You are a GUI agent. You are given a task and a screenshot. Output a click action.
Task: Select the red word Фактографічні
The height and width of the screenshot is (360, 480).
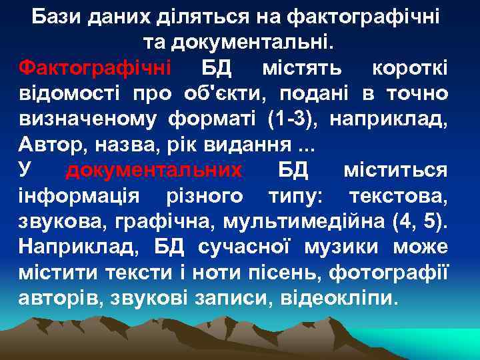(95, 68)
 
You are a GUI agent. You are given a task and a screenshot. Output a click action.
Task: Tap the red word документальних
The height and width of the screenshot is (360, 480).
(154, 171)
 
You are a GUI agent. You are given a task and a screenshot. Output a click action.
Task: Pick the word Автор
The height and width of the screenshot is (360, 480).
(47, 145)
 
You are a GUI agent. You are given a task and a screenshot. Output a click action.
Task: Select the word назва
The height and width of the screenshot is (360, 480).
(113, 145)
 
